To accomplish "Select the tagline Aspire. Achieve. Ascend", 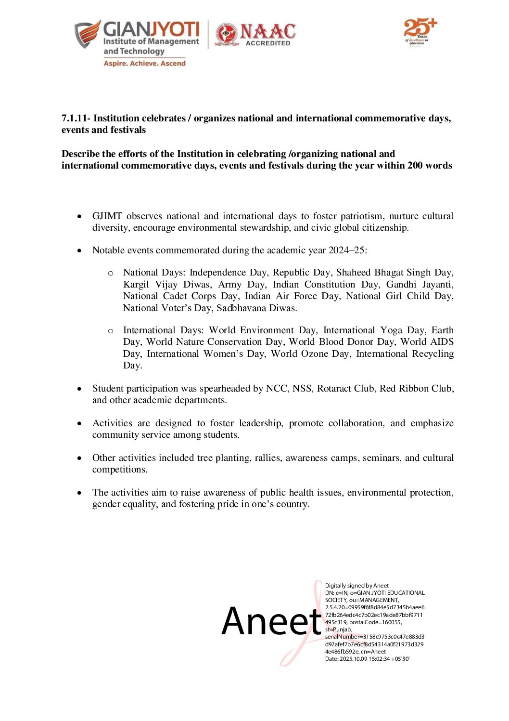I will [144, 63].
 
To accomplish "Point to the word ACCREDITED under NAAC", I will [268, 43].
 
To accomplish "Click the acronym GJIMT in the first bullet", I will [107, 216].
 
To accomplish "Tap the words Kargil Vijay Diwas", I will [167, 284].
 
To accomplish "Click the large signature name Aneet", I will [271, 621].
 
